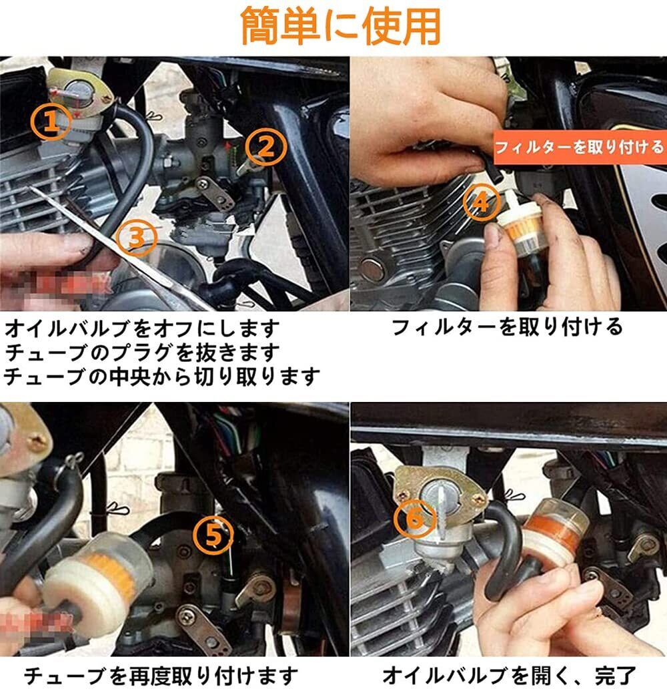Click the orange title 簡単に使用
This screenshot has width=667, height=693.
[341, 26]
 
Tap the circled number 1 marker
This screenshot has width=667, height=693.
[51, 121]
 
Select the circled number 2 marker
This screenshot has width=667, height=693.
[266, 147]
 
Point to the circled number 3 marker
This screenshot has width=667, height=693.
[137, 238]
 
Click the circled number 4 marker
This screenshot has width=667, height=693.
[482, 202]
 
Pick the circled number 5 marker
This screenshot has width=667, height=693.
[213, 535]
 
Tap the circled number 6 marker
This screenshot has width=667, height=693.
[414, 519]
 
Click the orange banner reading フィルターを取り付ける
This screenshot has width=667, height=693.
[580, 147]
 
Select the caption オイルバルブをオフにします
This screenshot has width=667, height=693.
[143, 329]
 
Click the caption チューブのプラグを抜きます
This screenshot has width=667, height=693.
[143, 353]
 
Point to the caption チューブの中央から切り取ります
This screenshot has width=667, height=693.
[161, 377]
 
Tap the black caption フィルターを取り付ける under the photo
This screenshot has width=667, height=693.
[507, 327]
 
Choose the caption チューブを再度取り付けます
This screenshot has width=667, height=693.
[161, 676]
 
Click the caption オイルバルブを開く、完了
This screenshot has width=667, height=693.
[509, 676]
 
